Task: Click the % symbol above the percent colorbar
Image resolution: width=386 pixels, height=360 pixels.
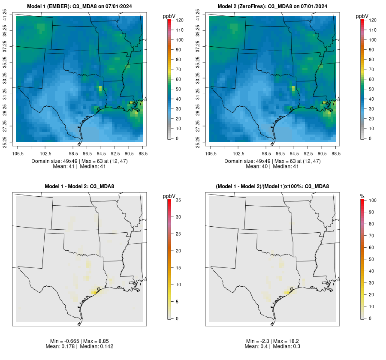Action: tap(362, 196)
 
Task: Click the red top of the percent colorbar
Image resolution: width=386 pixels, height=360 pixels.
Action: tap(362, 201)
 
